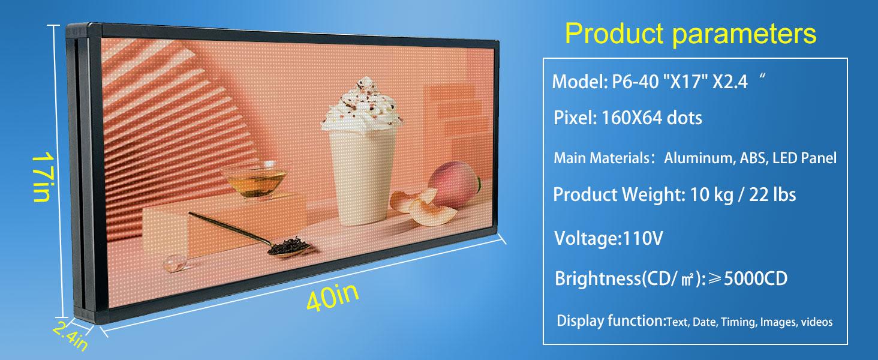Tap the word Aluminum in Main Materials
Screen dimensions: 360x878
click(696, 158)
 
